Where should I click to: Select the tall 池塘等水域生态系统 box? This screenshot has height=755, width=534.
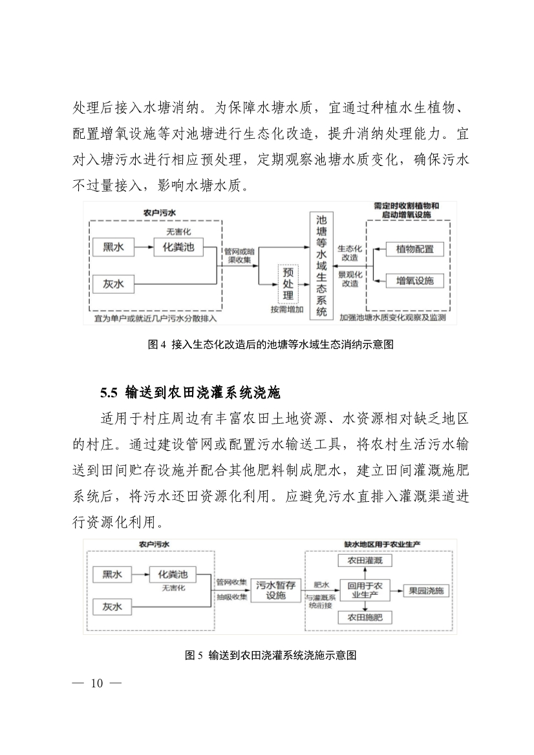(321, 265)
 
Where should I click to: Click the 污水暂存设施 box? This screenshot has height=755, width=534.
(276, 590)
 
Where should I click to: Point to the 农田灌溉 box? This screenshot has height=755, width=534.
(365, 561)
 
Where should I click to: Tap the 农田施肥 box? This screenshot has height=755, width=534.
(365, 618)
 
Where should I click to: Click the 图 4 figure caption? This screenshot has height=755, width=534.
(272, 344)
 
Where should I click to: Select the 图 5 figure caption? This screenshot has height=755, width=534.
(271, 655)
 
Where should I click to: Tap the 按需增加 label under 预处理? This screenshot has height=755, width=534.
(288, 309)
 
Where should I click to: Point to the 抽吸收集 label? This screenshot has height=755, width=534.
(232, 597)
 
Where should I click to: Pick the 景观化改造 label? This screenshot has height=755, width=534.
(349, 278)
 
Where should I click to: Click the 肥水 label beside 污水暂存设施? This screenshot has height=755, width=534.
(321, 584)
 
